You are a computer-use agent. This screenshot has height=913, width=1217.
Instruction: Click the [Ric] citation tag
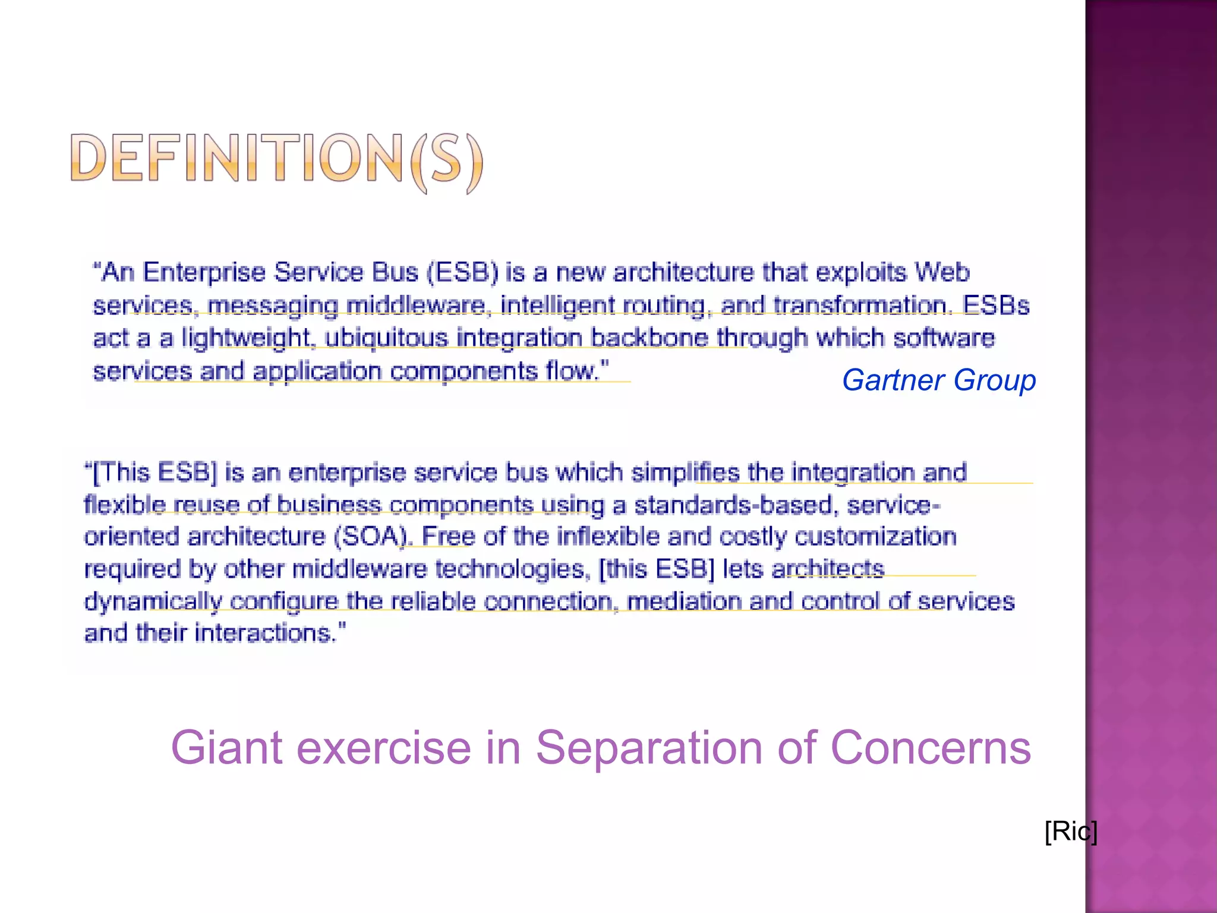(x=1071, y=831)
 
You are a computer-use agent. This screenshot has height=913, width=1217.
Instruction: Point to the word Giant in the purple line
(x=226, y=748)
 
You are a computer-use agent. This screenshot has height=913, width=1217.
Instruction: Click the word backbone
(x=650, y=338)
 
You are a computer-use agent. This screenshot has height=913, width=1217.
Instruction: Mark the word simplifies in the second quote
(x=685, y=473)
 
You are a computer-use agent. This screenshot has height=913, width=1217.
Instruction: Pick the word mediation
(x=684, y=602)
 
